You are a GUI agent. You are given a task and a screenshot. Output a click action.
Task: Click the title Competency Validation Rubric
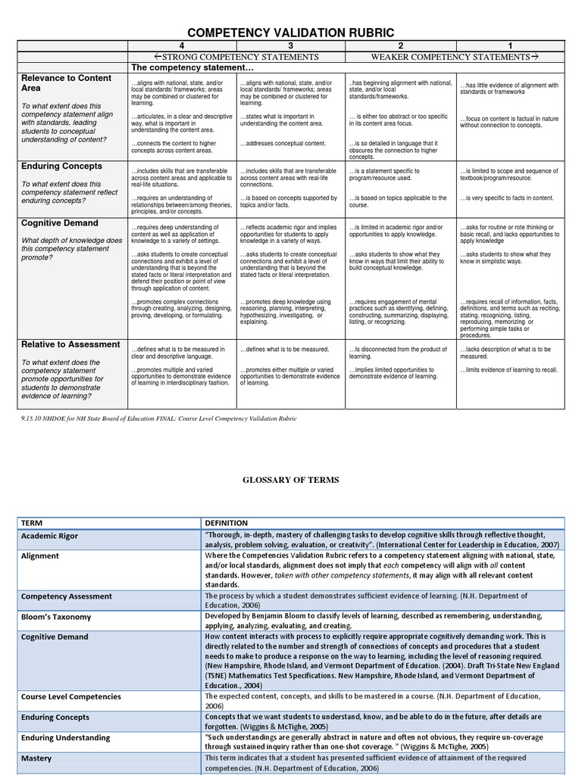(x=291, y=33)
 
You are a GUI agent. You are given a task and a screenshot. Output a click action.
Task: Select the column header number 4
(x=181, y=46)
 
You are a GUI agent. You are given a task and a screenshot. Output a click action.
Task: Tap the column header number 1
(x=509, y=46)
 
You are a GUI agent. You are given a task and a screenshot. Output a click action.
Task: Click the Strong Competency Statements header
(x=225, y=57)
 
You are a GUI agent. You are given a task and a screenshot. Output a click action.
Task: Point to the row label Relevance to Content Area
(x=66, y=82)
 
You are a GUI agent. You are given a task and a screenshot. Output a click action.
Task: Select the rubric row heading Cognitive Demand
(x=60, y=223)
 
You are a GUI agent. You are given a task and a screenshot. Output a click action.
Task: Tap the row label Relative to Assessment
(x=70, y=344)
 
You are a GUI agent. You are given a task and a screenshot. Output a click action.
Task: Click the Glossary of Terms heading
(x=291, y=480)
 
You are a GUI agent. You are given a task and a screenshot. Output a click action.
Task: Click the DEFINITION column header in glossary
(x=226, y=523)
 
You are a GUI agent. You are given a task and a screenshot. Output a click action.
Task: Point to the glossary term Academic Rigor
(x=49, y=536)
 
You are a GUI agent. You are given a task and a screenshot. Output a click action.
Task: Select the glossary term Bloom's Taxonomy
(x=56, y=617)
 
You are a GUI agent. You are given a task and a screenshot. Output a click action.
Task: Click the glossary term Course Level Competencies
(x=71, y=696)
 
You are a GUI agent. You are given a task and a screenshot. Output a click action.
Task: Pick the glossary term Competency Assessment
(x=67, y=596)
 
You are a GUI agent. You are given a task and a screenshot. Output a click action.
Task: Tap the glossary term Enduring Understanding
(x=66, y=737)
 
